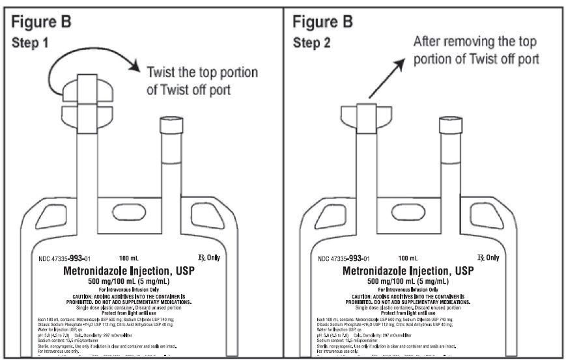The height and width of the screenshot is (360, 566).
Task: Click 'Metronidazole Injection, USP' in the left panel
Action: pos(130,270)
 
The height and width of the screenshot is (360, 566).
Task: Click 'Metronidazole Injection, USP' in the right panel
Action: pos(410,270)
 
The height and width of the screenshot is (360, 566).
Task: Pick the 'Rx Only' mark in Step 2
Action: pos(486,258)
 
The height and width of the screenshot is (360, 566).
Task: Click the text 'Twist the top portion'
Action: pos(193,72)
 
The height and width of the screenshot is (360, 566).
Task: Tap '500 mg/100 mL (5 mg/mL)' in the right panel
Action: pos(410,281)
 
